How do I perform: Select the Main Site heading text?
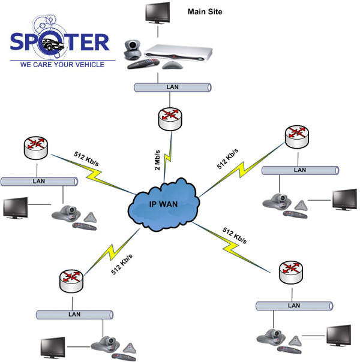205,11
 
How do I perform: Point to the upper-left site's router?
37,148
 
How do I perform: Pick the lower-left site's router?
73,280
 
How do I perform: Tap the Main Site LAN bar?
172,88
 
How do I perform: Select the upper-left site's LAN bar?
38,181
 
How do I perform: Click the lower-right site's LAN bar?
295,305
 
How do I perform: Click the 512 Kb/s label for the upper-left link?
87,158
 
